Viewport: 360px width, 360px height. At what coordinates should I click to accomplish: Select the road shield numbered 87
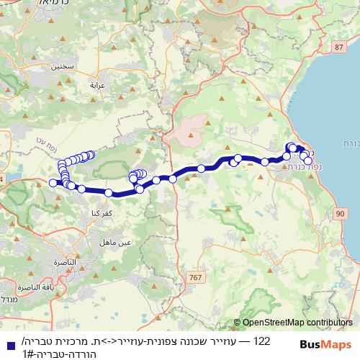click(338, 48)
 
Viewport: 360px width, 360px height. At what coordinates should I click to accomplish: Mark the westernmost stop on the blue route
click(53, 183)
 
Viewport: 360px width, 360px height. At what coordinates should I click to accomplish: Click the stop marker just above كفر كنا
click(109, 193)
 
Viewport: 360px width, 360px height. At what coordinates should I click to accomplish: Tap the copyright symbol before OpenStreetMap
click(238, 323)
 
